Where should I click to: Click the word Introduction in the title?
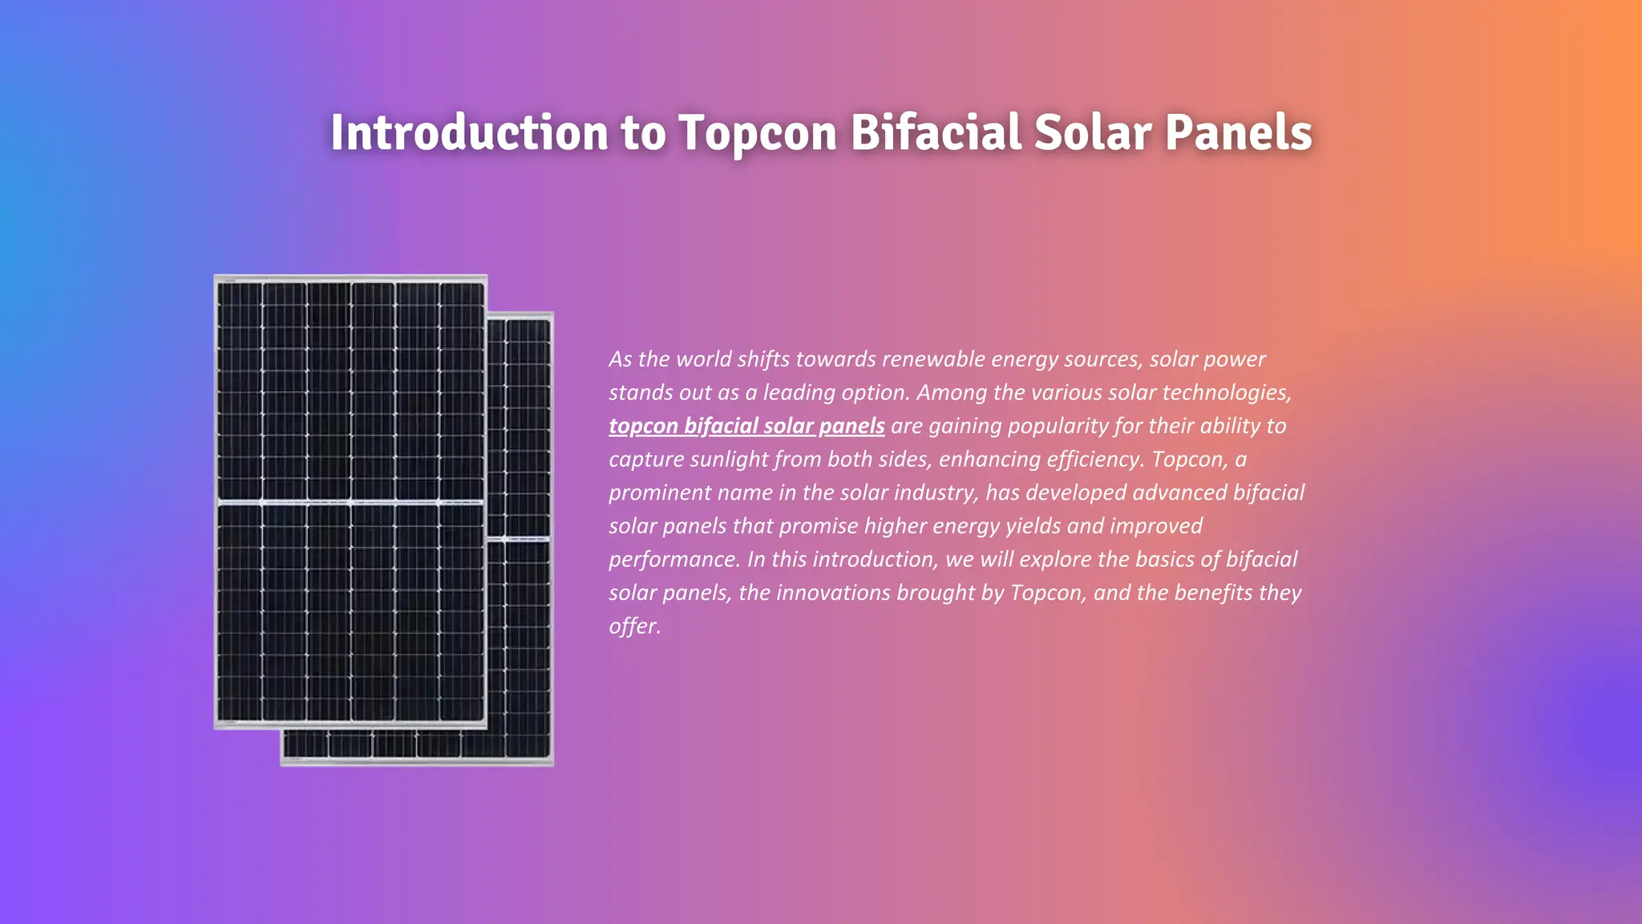point(469,132)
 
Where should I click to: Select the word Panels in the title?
point(1238,132)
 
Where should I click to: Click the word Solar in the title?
point(1093,132)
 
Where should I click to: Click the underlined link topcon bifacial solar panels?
point(746,426)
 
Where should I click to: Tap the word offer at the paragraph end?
point(633,626)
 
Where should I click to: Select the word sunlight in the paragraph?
point(728,460)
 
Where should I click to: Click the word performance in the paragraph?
point(673,559)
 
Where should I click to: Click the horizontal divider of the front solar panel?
point(350,503)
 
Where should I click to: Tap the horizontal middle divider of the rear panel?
point(520,538)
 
